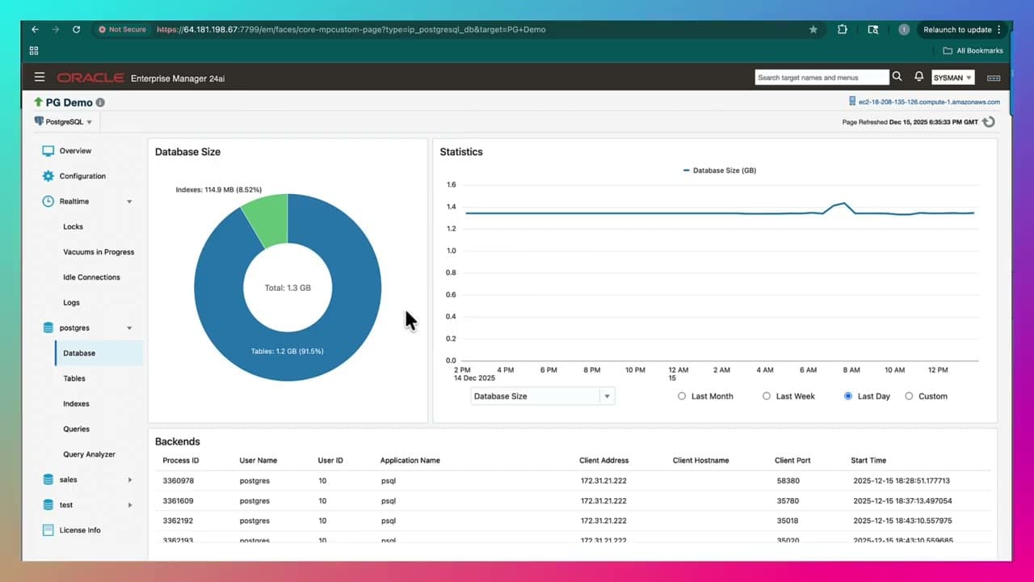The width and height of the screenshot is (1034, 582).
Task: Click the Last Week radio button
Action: [767, 396]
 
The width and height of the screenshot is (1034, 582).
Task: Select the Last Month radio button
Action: [682, 396]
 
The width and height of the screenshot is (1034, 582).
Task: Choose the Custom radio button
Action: [909, 396]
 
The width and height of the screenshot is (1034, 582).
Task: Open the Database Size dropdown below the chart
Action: [607, 396]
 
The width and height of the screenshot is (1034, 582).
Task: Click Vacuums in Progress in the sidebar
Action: [99, 252]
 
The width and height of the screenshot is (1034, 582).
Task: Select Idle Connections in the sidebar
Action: [91, 277]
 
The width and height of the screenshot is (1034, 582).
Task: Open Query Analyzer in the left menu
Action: [89, 454]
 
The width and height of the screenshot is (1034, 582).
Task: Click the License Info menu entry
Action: [80, 530]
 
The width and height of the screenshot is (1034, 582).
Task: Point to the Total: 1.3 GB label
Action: [288, 288]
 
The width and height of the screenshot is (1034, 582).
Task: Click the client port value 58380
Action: [788, 481]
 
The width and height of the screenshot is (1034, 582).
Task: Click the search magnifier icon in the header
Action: [897, 77]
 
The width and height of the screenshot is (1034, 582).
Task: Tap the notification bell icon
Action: [918, 77]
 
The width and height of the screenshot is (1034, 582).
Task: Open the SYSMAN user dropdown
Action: [953, 78]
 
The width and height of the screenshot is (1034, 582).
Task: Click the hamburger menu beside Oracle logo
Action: [40, 78]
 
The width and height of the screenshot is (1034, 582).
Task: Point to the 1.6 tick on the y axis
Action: [451, 185]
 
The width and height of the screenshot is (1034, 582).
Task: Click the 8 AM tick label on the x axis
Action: [851, 370]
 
